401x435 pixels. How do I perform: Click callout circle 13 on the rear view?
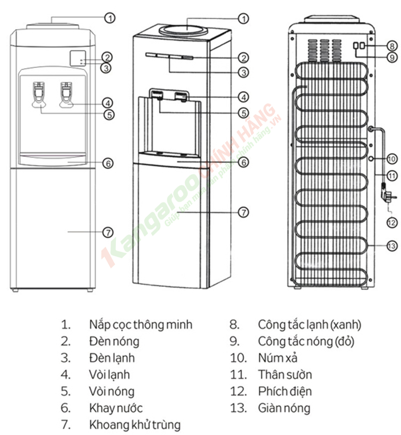(392, 246)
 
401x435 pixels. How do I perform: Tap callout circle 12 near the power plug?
(392, 222)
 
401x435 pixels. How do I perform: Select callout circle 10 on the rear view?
(392, 159)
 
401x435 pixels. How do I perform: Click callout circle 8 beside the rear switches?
(392, 46)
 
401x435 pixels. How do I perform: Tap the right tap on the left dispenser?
(66, 94)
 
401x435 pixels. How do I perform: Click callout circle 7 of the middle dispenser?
(244, 212)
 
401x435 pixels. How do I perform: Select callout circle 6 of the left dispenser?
(108, 163)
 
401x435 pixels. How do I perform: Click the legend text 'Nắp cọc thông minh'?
(141, 325)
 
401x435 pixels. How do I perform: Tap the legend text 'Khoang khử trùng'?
(135, 425)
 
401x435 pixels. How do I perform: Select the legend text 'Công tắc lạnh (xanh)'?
(309, 325)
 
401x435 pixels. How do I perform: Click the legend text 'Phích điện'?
(285, 391)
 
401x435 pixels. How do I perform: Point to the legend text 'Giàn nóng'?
(284, 408)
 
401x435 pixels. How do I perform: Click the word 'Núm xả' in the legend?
(278, 358)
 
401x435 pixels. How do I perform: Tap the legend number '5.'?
(66, 391)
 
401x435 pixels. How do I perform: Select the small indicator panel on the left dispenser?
(78, 58)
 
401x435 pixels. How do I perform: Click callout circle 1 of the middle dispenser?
(244, 18)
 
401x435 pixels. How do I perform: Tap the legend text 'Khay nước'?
(116, 408)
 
